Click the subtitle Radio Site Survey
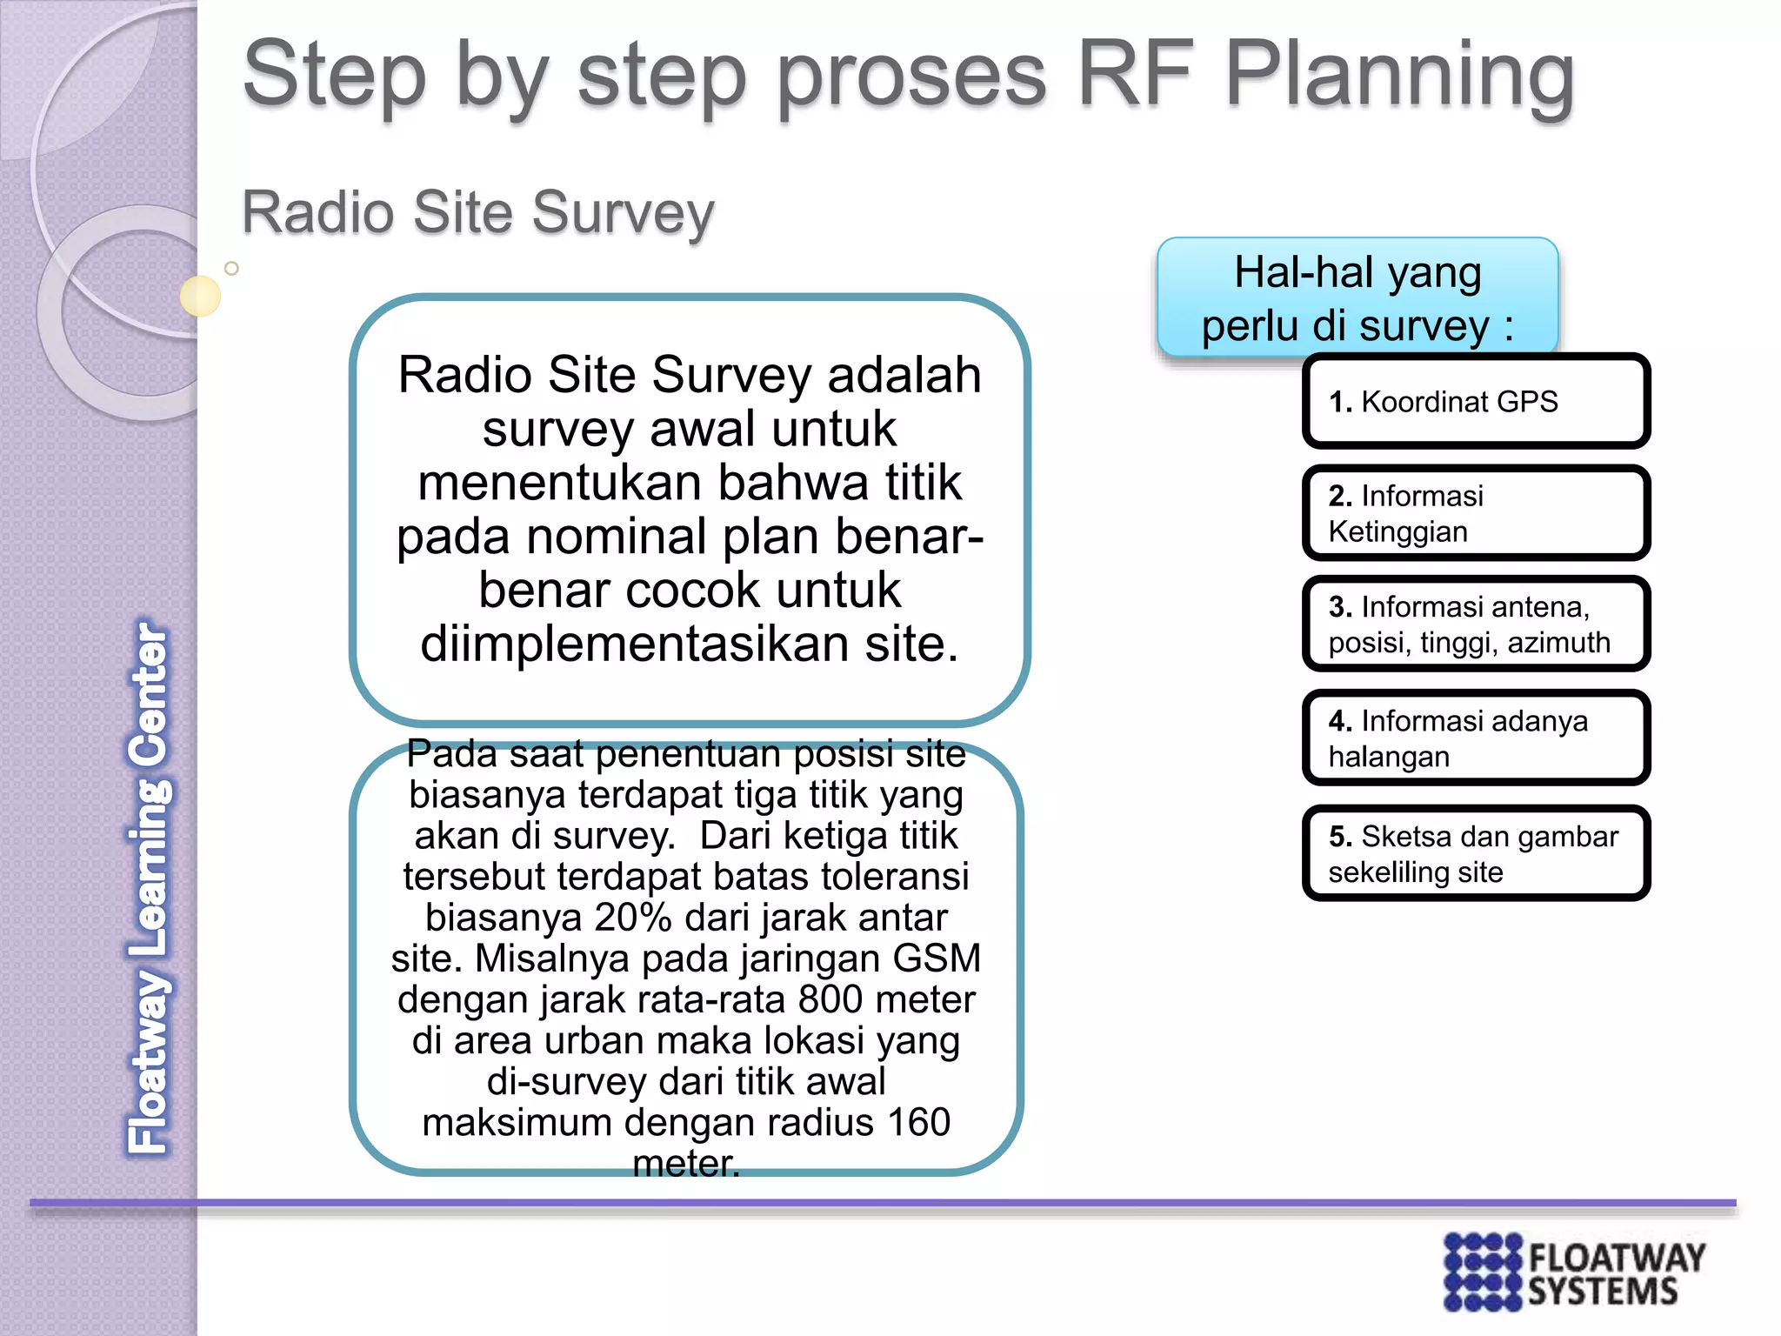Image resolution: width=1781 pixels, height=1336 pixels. [477, 212]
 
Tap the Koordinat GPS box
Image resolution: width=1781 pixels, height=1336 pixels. [1475, 402]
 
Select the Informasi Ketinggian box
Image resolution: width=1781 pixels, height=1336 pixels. [1475, 513]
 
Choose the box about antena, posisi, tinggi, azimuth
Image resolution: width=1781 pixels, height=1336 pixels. [1475, 625]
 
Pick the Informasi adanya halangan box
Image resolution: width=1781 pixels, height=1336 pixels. [1475, 738]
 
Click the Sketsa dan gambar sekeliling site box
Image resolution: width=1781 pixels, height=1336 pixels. [1475, 853]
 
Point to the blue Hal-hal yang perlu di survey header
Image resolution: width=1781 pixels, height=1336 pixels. [1357, 297]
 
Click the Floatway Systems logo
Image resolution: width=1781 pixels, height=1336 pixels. [1574, 1271]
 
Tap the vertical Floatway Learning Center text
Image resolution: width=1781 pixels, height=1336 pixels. [149, 887]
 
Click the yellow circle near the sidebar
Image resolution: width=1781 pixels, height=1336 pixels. [200, 296]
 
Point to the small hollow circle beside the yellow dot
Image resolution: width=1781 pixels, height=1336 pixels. [231, 269]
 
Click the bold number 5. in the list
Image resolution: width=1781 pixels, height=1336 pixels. [1340, 837]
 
